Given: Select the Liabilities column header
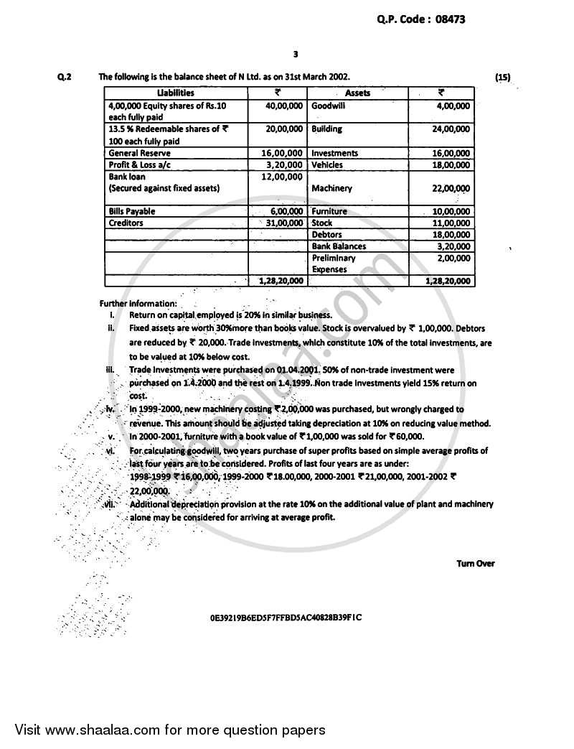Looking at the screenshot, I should click(x=175, y=93).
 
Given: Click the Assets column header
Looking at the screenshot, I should click(x=357, y=93).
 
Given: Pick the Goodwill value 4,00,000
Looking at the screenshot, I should click(x=453, y=106).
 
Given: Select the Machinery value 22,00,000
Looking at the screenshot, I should click(x=451, y=188).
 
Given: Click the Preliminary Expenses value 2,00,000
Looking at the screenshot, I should click(x=453, y=258).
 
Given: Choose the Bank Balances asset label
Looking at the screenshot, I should click(x=339, y=246).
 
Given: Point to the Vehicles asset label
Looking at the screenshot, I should click(x=327, y=165).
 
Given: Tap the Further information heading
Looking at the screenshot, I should click(x=133, y=304).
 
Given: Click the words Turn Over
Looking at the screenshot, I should click(x=475, y=563).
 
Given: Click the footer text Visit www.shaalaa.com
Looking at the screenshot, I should click(x=165, y=730).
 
